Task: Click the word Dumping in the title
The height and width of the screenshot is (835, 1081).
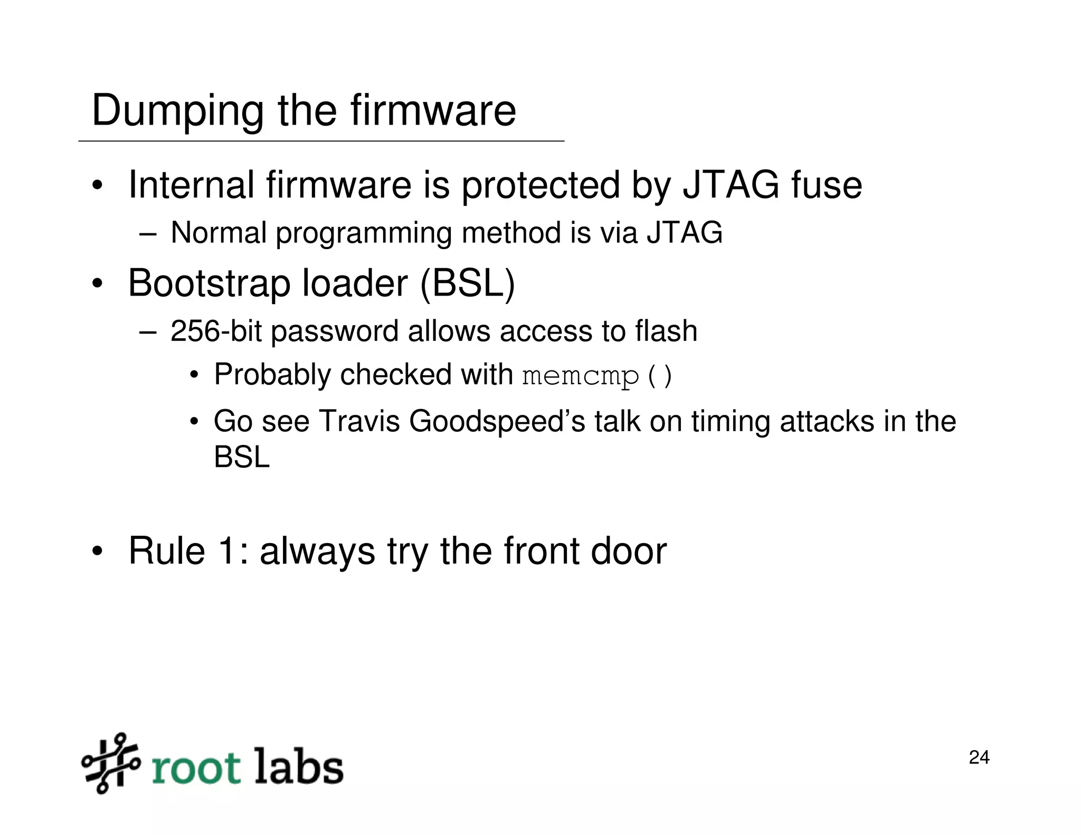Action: tap(177, 111)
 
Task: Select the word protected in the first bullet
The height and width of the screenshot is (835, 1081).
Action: tap(540, 186)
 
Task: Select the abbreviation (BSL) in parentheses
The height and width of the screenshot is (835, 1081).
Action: tap(467, 283)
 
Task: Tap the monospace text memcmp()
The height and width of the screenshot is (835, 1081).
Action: tap(597, 376)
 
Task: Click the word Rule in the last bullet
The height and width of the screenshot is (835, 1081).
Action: tap(167, 551)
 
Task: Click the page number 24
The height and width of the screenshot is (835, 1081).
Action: tap(979, 757)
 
